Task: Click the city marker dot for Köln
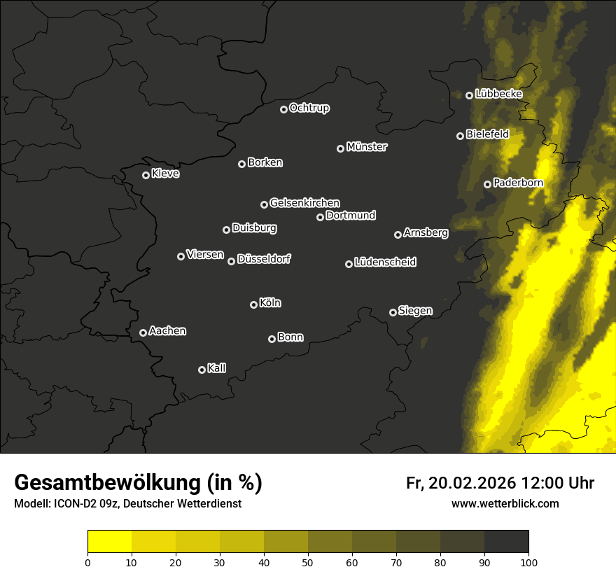(253, 304)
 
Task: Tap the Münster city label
(367, 147)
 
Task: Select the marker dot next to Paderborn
(487, 184)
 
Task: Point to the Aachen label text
(167, 331)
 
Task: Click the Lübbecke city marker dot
(469, 95)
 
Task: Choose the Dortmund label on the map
(351, 216)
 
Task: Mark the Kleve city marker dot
(146, 175)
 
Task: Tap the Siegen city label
(415, 311)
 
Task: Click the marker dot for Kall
(202, 370)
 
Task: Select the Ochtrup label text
(309, 108)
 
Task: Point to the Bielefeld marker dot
(460, 136)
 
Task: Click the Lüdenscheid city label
(385, 262)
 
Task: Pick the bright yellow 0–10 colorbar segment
(110, 542)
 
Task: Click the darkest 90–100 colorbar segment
(506, 542)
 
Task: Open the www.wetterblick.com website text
(505, 503)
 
